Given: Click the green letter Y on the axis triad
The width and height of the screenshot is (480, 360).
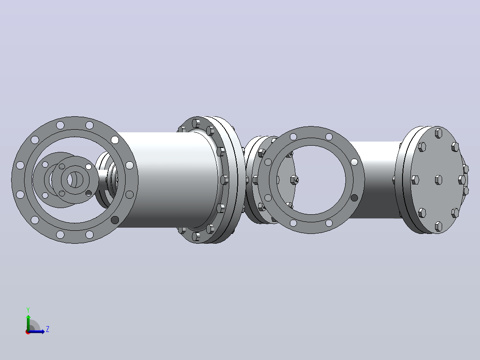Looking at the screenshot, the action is (x=28, y=310).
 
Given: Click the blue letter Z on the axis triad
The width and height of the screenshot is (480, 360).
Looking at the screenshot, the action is (x=48, y=329).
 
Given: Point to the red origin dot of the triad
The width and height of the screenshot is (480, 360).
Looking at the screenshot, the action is (x=28, y=332).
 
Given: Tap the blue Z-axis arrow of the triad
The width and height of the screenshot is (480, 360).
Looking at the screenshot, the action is (x=36, y=331).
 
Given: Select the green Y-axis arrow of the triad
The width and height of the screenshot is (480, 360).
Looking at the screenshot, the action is (x=28, y=323).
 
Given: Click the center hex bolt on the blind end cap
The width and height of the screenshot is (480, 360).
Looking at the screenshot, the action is (x=438, y=180).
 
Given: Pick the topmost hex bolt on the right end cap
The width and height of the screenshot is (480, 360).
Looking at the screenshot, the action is (x=438, y=133).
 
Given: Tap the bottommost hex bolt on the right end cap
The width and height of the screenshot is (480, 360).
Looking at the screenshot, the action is (x=438, y=226).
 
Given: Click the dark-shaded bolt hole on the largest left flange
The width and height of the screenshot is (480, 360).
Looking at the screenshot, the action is (x=115, y=220).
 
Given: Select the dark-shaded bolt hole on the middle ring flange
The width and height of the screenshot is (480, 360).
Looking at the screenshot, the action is (x=354, y=198).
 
